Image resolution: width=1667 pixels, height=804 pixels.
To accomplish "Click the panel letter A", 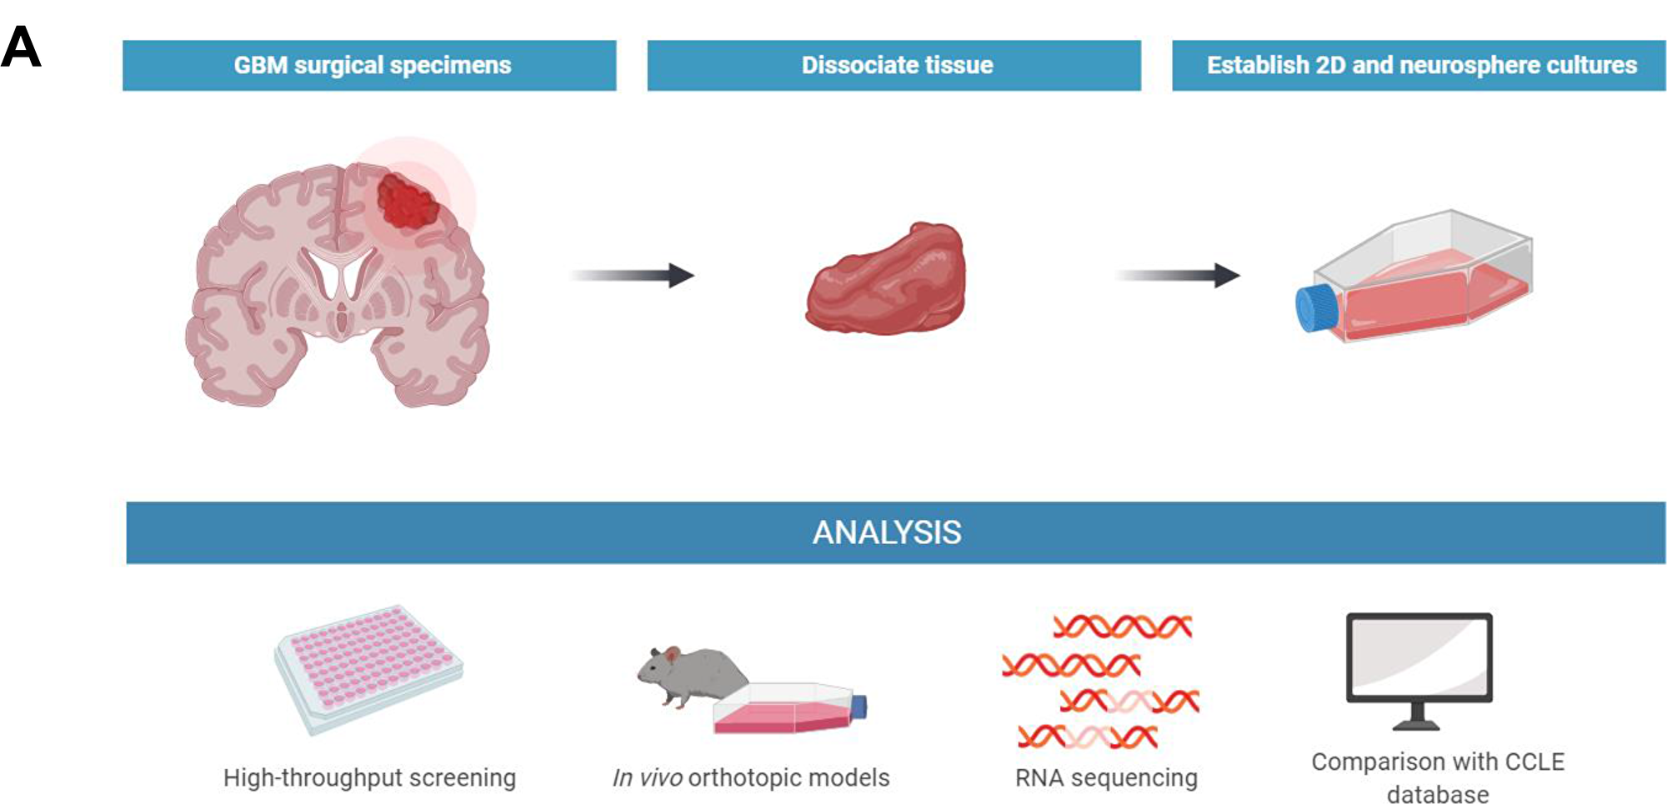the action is pos(21,47).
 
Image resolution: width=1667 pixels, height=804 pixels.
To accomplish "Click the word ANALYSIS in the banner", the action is pos(887,532).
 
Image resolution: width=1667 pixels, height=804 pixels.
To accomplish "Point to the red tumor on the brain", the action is pos(408,200).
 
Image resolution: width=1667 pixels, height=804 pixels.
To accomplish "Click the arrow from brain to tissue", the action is pos(633,275).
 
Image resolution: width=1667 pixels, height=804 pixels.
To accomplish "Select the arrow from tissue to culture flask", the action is pos(1179,275).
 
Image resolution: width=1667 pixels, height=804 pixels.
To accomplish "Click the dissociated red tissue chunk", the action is pos(886,278).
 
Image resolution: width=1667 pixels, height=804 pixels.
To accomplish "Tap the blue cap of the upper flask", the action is pos(1316,308).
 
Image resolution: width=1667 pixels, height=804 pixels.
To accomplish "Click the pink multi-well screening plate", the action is pos(368,669).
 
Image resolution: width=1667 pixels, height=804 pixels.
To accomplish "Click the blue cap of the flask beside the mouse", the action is pos(859,707).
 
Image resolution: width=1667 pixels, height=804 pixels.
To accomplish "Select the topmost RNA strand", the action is pos(1123,627).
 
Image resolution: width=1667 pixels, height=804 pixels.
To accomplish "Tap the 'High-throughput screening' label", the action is pos(369,777).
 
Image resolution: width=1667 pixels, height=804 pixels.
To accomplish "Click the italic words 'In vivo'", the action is pos(648,777).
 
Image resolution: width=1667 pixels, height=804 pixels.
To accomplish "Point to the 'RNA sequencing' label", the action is pos(1106,777).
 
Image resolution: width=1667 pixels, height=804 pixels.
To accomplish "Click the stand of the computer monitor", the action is pos(1417,717).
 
